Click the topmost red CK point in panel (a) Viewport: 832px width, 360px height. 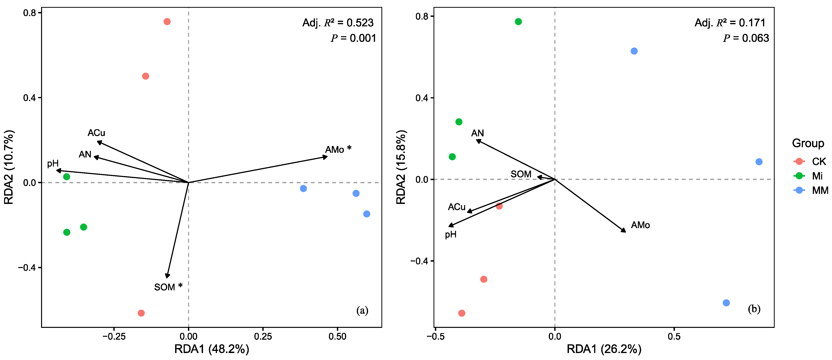167,22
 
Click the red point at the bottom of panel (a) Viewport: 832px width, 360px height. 141,313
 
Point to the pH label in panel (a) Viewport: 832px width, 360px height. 53,164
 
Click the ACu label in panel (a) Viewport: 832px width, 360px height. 96,133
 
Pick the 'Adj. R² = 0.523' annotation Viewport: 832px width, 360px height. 338,23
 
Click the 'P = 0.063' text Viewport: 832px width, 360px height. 746,38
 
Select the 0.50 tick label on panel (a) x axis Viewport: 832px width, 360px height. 337,336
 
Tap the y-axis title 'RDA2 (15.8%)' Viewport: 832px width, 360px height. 401,167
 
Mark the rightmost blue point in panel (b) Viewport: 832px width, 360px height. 759,162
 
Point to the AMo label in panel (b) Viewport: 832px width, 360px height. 640,225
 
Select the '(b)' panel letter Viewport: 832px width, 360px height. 754,309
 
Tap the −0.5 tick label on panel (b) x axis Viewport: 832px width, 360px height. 435,336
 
